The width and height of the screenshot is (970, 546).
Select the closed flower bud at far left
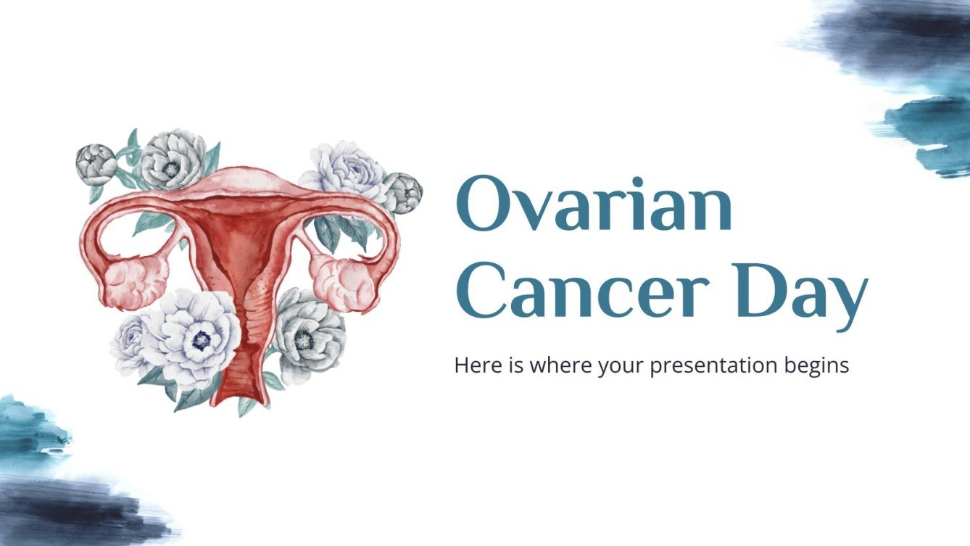[x=96, y=163]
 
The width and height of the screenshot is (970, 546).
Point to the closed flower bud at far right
[x=402, y=194]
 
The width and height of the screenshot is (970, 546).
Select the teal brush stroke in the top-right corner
[x=932, y=131]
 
